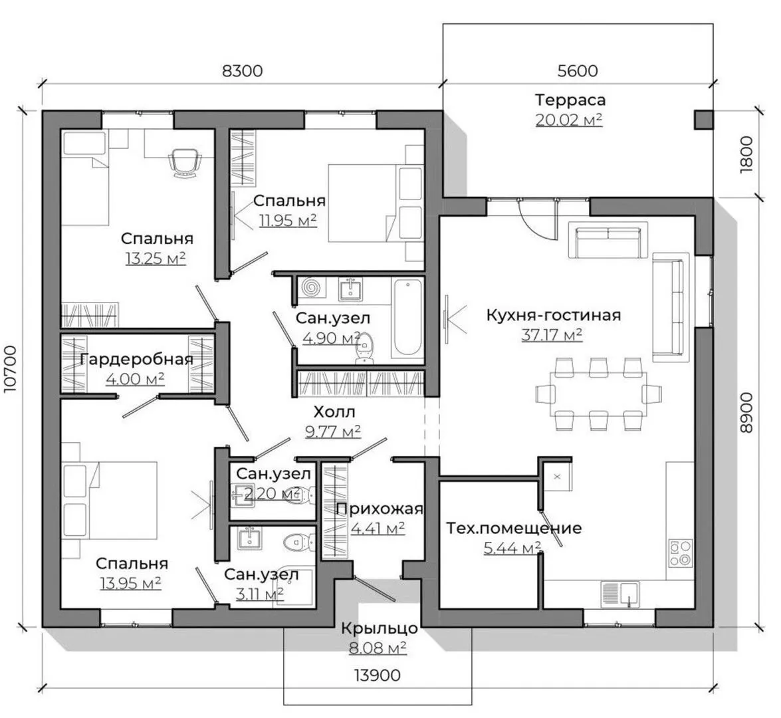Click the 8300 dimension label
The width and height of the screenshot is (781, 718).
[x=242, y=70]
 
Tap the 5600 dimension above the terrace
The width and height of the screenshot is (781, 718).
[x=578, y=70]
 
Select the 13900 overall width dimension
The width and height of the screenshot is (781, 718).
[x=377, y=675]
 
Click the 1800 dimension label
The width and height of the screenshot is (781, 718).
[x=746, y=154]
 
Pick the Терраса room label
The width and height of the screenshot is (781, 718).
[x=570, y=100]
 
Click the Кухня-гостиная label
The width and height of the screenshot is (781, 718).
[x=554, y=315]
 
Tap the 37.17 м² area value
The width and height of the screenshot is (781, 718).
[x=552, y=335]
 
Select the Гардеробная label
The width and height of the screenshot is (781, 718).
[x=136, y=359]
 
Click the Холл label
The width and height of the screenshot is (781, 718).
[x=334, y=412]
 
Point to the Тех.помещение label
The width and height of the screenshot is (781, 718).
[x=514, y=528]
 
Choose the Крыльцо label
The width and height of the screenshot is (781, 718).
[x=380, y=628]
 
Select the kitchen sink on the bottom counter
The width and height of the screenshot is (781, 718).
[x=620, y=594]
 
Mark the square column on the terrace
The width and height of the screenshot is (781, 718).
[x=704, y=120]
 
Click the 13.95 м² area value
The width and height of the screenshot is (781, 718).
[x=130, y=582]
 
